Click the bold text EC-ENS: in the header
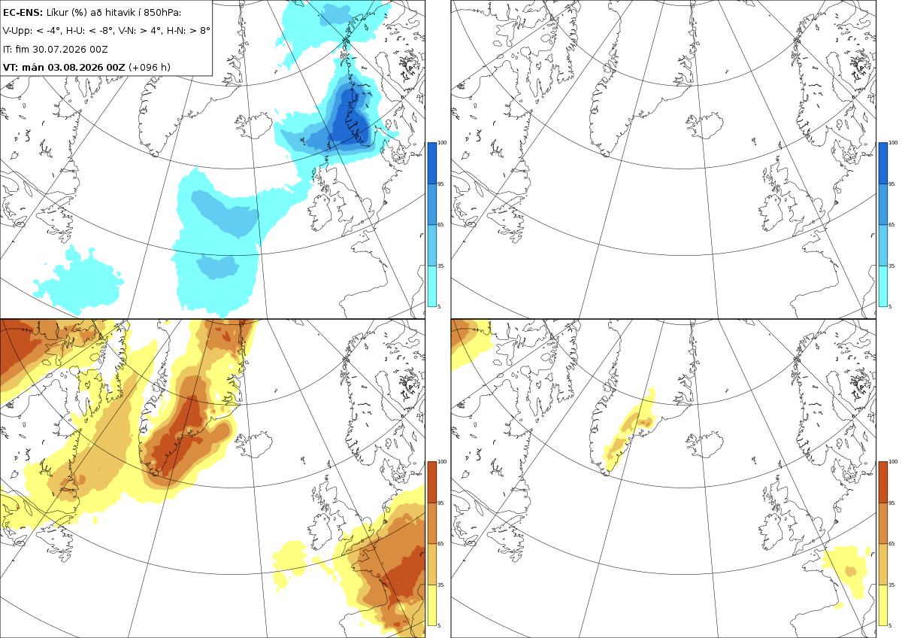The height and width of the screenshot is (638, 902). pyautogui.click(x=23, y=13)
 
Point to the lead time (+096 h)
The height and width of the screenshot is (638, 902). pyautogui.click(x=150, y=67)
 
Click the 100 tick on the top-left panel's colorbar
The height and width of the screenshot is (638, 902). pyautogui.click(x=442, y=143)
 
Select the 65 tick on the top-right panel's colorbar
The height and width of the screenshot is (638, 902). pyautogui.click(x=891, y=224)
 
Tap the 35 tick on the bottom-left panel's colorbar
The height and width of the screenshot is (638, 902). pyautogui.click(x=440, y=585)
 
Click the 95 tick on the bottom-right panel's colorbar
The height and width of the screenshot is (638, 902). pyautogui.click(x=891, y=503)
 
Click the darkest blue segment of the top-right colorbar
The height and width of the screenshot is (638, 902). pyautogui.click(x=882, y=163)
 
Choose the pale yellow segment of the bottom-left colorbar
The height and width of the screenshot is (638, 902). pyautogui.click(x=431, y=605)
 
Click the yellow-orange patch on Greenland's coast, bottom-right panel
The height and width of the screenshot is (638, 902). pyautogui.click(x=629, y=430)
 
